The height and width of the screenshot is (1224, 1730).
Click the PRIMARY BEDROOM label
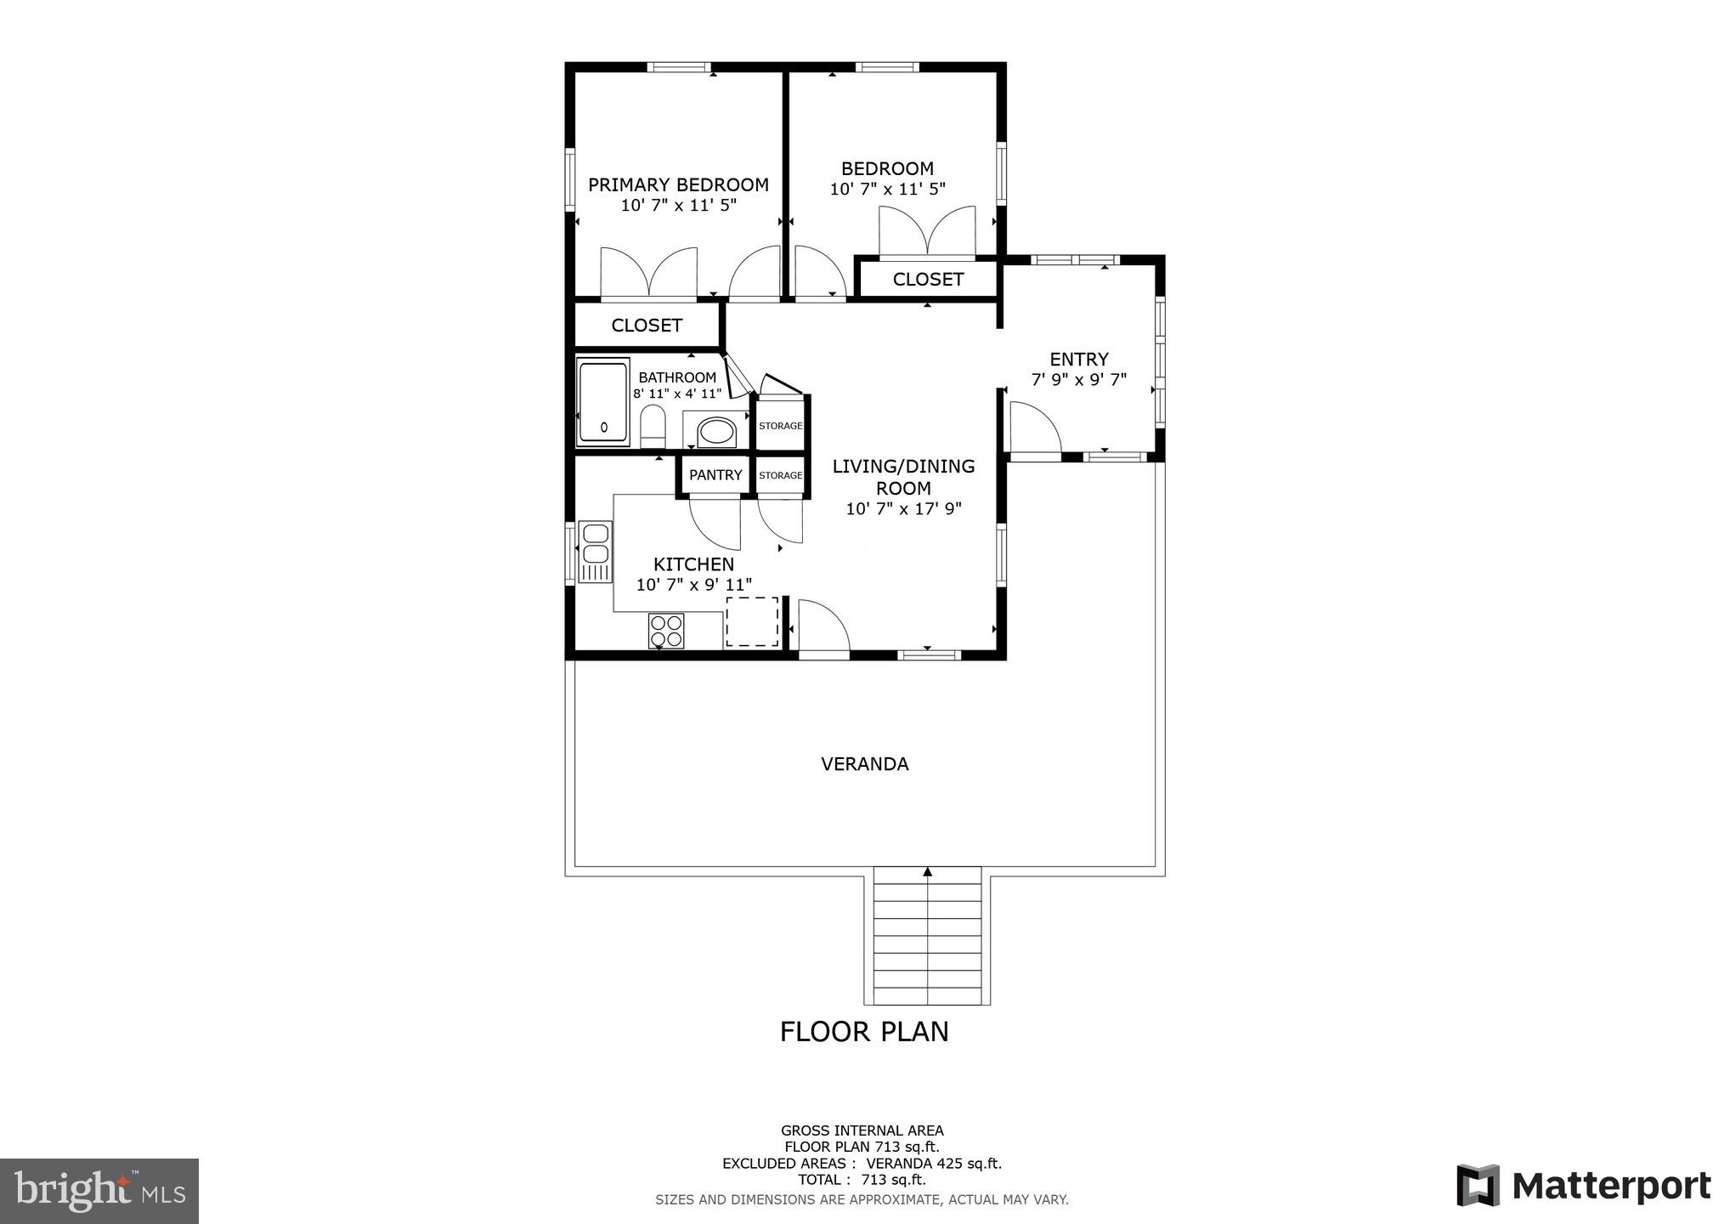click(x=678, y=184)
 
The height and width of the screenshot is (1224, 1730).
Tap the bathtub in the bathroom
click(x=603, y=402)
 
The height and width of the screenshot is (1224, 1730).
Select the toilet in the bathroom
click(x=653, y=426)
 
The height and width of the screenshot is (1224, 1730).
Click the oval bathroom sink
click(x=717, y=432)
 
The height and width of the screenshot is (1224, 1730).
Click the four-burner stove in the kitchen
click(x=666, y=630)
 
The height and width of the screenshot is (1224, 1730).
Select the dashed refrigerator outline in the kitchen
click(x=752, y=621)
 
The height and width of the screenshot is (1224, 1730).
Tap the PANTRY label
click(x=715, y=475)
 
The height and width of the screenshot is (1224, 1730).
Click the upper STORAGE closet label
click(x=780, y=426)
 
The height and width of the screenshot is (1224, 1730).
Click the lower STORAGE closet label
click(x=780, y=475)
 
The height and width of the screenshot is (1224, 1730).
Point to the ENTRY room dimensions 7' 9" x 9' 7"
click(x=1078, y=380)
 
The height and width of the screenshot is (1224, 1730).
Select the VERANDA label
click(x=864, y=764)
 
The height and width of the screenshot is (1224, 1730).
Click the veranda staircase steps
click(x=927, y=936)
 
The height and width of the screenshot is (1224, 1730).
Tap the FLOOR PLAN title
click(x=864, y=1032)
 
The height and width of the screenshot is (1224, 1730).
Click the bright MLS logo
click(x=99, y=1190)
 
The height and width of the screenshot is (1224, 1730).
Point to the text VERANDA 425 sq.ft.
click(x=934, y=1164)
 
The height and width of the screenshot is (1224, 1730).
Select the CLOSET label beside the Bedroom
click(x=928, y=280)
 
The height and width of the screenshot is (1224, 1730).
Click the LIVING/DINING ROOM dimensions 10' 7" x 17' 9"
click(x=903, y=509)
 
